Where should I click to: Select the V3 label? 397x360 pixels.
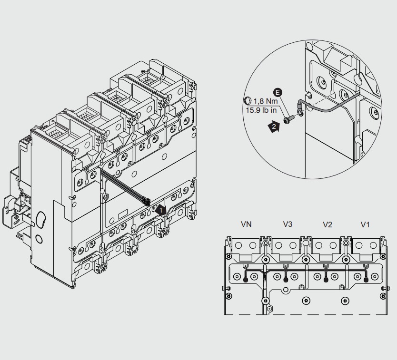[288, 224]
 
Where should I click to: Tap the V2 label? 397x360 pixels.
[327, 224]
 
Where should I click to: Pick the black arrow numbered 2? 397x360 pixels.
[273, 126]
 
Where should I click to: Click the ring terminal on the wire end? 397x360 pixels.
[299, 113]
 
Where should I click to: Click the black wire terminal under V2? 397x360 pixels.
[326, 280]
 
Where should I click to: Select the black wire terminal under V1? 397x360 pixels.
[365, 280]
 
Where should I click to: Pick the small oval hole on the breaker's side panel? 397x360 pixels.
[39, 238]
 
